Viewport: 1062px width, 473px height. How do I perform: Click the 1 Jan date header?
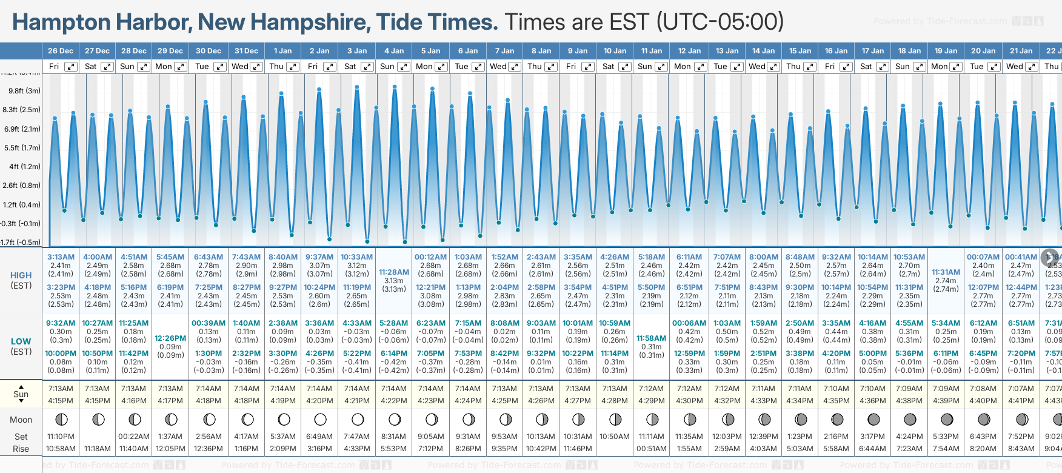282,51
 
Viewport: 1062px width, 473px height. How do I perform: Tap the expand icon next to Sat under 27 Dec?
107,67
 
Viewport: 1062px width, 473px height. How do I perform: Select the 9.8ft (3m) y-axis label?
25,91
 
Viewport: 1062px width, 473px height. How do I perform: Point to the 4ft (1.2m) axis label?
25,166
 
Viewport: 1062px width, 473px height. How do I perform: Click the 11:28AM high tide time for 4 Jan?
393,272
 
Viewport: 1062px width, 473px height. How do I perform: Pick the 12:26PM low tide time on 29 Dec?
170,338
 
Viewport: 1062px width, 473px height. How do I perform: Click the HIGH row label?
21,275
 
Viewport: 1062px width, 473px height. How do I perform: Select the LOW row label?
21,341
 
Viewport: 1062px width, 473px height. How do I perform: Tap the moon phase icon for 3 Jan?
358,419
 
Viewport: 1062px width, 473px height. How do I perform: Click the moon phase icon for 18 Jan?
910,419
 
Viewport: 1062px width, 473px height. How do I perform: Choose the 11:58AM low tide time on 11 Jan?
652,338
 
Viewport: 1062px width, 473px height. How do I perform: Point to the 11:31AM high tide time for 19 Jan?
946,272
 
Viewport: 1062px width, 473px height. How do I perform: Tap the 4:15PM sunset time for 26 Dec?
61,401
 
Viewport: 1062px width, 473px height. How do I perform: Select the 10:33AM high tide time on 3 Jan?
356,257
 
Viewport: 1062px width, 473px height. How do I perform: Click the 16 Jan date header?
837,51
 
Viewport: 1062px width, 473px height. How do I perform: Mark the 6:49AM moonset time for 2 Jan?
319,437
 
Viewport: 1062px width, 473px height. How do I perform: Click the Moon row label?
21,420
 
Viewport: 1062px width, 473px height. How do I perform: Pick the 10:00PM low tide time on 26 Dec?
61,354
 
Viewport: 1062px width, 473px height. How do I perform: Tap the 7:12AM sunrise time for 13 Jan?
727,389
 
